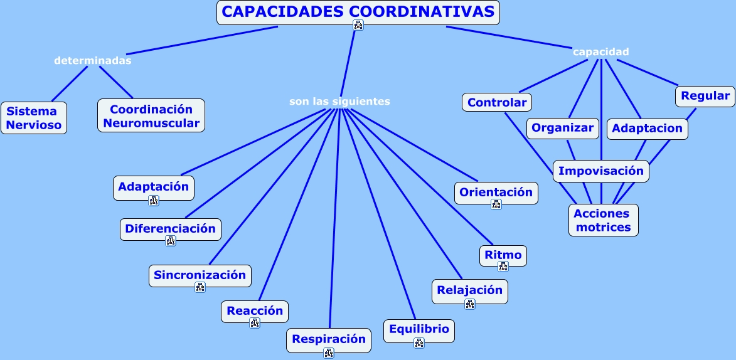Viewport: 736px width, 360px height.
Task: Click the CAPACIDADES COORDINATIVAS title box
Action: coord(358,12)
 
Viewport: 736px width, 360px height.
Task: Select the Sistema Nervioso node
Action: coord(34,118)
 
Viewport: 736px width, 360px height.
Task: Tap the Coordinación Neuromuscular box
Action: coord(151,116)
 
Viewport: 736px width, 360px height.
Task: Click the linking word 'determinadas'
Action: coord(93,61)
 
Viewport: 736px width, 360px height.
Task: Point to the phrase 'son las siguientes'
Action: coord(339,102)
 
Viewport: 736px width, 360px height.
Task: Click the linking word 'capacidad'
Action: coord(600,52)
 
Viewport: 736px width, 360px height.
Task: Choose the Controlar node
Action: coord(497,102)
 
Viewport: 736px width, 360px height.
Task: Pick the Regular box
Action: coord(705,96)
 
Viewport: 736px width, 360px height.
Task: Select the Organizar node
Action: coord(562,128)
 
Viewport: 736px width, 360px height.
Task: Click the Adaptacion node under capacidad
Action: coord(647,129)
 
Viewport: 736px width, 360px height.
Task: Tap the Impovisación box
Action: coord(600,171)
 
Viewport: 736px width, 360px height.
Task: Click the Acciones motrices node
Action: coord(603,220)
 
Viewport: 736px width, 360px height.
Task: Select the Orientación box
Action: coord(496,193)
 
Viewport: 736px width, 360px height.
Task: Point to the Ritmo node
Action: coord(503,255)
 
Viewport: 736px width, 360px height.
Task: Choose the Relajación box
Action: coord(470,290)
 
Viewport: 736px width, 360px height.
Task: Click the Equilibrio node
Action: coord(419,329)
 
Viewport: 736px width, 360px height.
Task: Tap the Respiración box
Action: coord(329,339)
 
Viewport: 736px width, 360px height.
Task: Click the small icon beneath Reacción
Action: coord(255,323)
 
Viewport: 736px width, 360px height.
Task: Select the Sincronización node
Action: coord(200,275)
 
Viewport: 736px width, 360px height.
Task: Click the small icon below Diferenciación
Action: coord(171,241)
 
